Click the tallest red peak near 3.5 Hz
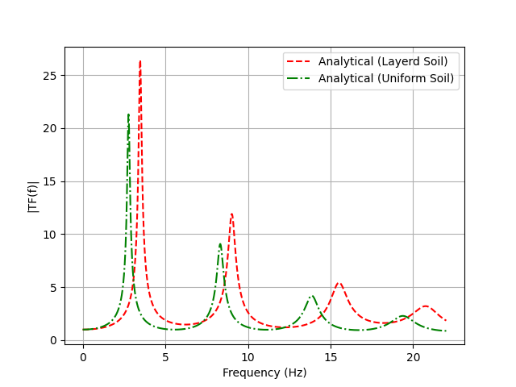pos(140,61)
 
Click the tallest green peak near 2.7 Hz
pos(128,114)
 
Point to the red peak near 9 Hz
pos(231,214)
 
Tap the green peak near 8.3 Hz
pos(220,243)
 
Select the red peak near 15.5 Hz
pos(339,283)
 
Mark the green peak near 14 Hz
pos(313,296)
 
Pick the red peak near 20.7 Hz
pos(425,306)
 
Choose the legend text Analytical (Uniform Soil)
pos(386,78)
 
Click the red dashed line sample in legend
pos(299,61)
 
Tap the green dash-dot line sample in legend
pos(299,78)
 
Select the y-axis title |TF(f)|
pos(32,196)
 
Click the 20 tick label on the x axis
pos(413,357)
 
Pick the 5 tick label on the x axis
pos(165,357)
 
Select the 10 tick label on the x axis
pos(248,357)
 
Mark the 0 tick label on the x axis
pos(83,357)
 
